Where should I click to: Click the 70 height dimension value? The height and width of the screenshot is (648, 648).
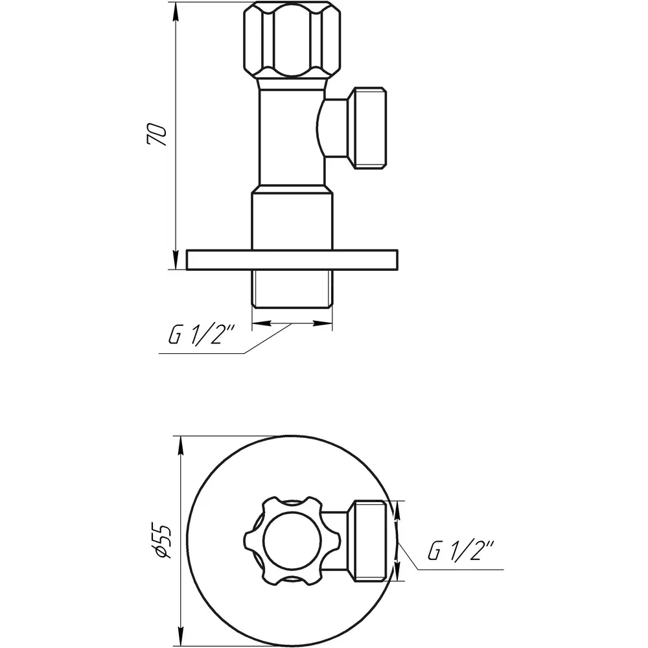click(x=157, y=133)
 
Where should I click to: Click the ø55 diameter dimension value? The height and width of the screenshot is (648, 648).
click(x=161, y=541)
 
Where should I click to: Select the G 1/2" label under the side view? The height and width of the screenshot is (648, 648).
click(x=202, y=335)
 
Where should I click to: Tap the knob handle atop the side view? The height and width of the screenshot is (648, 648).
click(x=292, y=40)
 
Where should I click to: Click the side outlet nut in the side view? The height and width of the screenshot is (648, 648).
click(x=367, y=128)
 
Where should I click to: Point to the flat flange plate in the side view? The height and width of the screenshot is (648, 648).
click(x=292, y=260)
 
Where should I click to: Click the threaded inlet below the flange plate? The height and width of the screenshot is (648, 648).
click(x=292, y=289)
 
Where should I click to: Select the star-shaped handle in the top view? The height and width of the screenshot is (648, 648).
click(x=292, y=541)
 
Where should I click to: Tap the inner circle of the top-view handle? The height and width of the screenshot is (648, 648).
click(x=292, y=541)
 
